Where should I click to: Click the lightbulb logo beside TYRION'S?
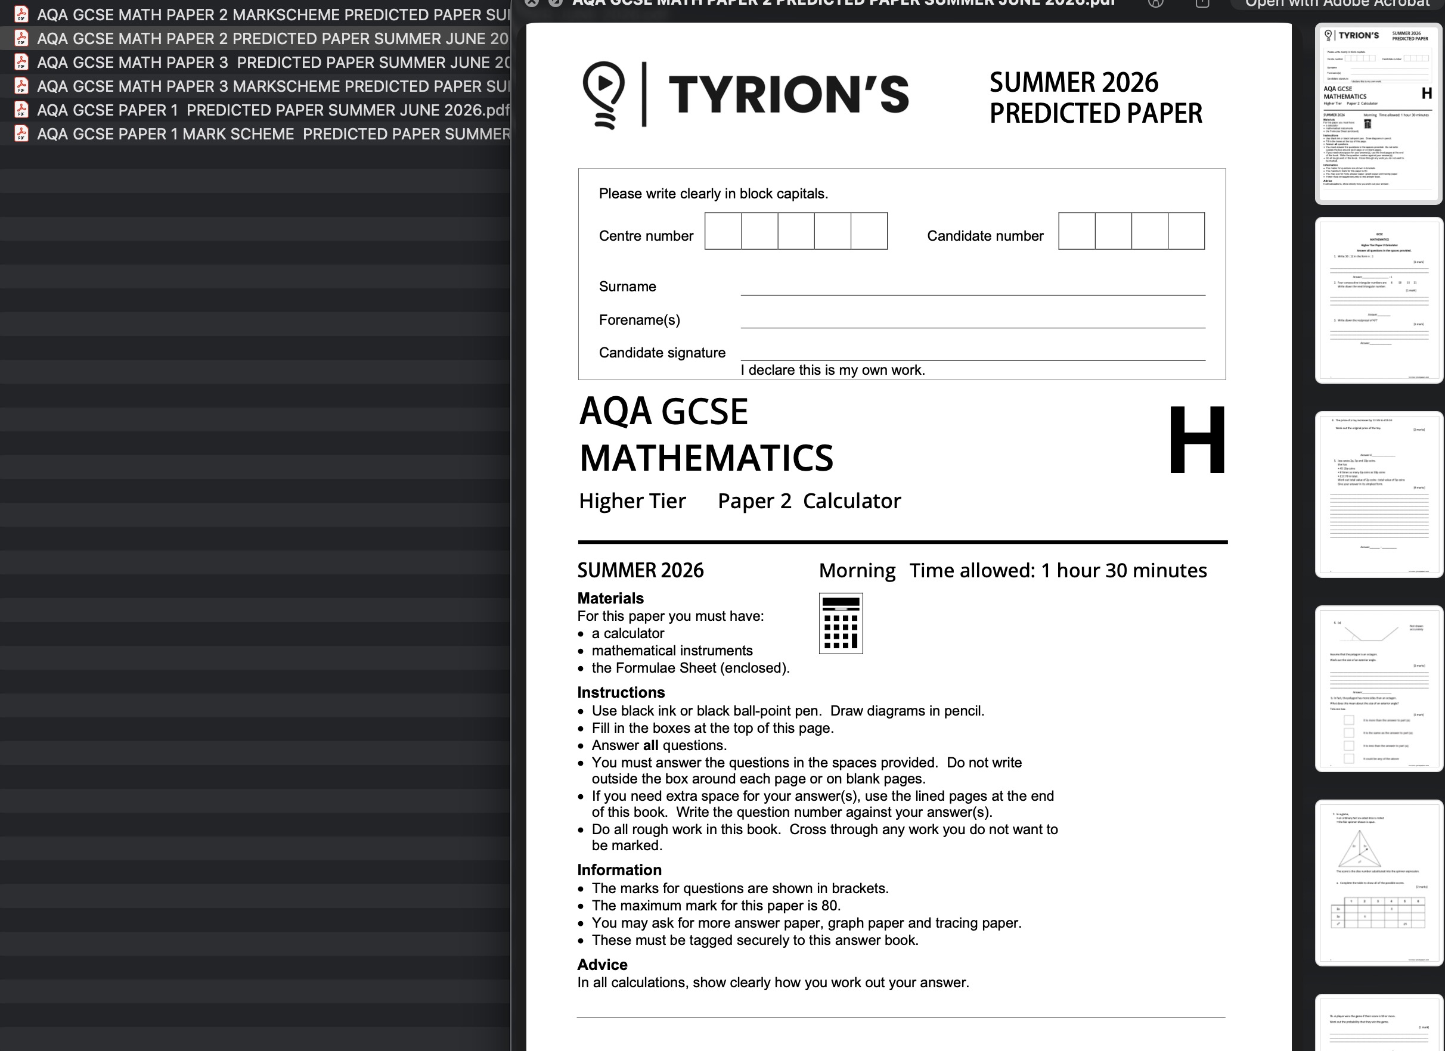(603, 94)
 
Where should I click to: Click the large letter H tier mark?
(1196, 440)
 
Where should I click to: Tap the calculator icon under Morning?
(841, 623)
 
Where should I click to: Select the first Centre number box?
(722, 231)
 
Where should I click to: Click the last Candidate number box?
(1186, 231)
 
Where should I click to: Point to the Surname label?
(627, 287)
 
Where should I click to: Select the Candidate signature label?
(661, 353)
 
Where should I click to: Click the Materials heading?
(610, 598)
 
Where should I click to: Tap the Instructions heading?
(621, 692)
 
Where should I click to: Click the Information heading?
(619, 870)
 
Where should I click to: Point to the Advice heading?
(602, 965)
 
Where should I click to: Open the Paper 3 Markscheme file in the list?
(272, 86)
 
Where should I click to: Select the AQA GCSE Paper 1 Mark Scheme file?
(272, 134)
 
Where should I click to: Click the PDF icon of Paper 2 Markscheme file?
(21, 14)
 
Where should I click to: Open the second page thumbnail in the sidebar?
(1378, 300)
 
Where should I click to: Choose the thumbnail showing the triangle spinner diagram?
(1378, 882)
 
